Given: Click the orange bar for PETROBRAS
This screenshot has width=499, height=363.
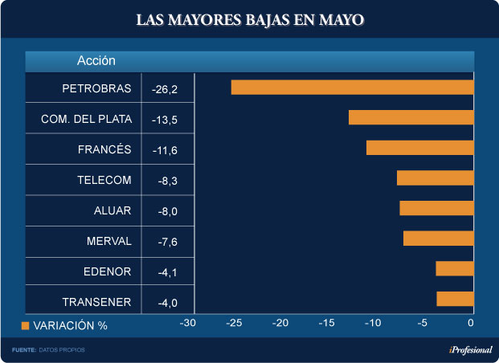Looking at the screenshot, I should (x=352, y=88).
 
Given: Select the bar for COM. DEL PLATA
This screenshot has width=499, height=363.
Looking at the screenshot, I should (x=411, y=117).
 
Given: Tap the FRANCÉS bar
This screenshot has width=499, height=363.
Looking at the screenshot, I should (x=419, y=148).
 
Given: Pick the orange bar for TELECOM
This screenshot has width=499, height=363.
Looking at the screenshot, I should (x=435, y=178).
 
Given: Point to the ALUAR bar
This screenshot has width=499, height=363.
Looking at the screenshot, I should (x=436, y=208).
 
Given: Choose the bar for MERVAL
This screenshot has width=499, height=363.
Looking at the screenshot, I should (x=438, y=239).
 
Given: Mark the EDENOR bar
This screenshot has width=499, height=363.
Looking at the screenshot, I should (x=455, y=269).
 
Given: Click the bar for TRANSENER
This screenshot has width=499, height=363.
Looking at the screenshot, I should (x=455, y=299).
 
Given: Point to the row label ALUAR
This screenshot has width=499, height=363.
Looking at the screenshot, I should (x=112, y=210).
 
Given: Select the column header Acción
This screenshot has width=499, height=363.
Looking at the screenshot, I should (x=96, y=60).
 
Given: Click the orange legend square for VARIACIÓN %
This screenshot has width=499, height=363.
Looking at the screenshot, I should (x=25, y=326).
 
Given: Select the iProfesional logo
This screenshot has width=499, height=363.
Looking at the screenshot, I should (x=470, y=350).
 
